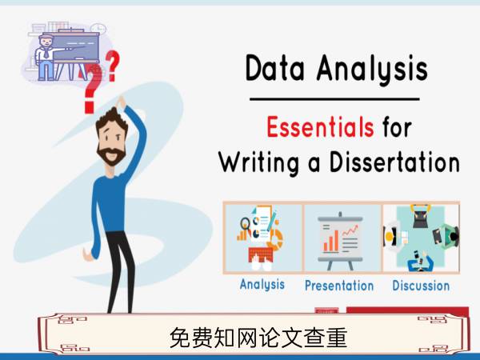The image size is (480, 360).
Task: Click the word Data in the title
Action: coord(274,68)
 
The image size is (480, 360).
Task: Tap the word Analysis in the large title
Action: coord(372,70)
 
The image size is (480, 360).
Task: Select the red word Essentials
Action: coord(320,126)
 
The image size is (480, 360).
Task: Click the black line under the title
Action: coord(334,99)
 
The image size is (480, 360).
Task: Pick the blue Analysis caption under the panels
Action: coord(262,285)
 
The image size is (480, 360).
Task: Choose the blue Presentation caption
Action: coord(339,286)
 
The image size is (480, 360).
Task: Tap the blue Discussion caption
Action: coord(421,286)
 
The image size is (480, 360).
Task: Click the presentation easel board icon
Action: coord(341,241)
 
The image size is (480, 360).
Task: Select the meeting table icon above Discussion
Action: coord(422,238)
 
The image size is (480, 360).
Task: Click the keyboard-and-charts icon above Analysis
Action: coord(260,238)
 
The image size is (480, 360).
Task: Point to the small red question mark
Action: coord(113,66)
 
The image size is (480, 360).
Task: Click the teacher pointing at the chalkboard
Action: coord(46,58)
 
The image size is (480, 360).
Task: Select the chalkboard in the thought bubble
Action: coord(75,47)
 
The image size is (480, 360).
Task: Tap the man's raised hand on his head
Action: coord(122,102)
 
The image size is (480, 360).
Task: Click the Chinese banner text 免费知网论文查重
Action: coord(258,338)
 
